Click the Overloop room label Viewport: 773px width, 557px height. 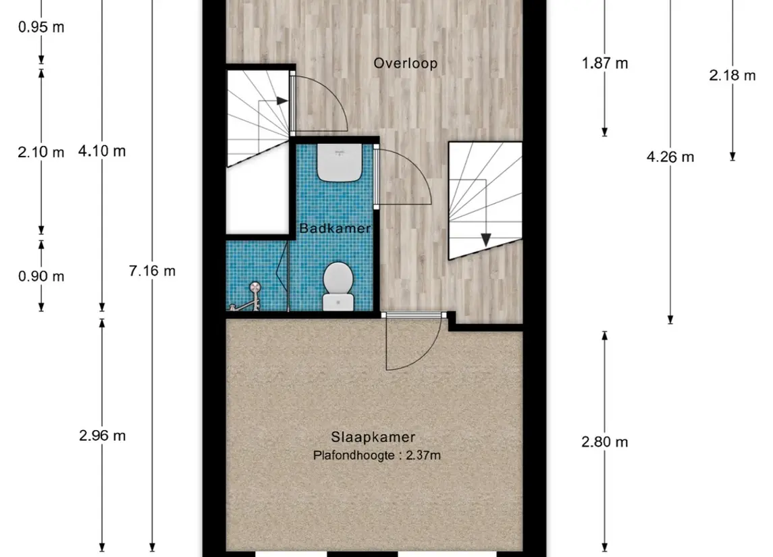406,63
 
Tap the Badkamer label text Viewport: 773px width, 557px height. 335,229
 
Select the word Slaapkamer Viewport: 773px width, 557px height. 373,437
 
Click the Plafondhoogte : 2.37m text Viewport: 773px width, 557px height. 377,456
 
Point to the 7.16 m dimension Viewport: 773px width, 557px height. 152,271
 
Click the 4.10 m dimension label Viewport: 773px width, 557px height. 102,151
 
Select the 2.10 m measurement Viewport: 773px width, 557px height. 41,152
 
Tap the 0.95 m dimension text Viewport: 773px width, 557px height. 41,28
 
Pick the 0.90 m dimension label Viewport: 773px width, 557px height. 41,276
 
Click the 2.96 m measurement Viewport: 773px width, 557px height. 102,435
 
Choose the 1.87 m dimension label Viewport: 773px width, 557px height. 604,63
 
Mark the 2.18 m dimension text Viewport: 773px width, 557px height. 732,76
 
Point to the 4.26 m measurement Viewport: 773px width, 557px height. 670,157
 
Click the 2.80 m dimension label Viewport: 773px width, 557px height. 604,442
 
